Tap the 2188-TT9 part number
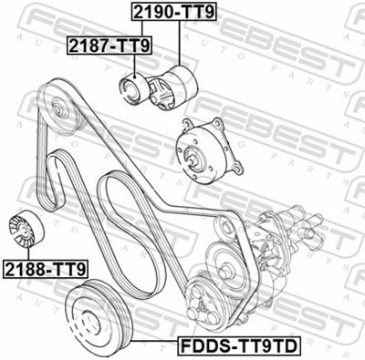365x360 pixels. click(45, 269)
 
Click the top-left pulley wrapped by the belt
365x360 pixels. click(57, 109)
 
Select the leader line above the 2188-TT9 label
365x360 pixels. click(28, 251)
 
